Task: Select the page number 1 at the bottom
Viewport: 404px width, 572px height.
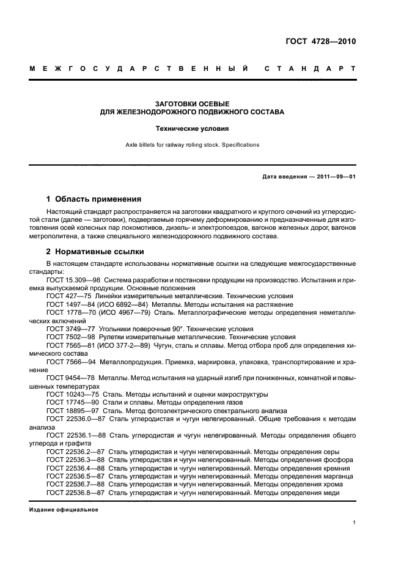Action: tap(354, 522)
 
